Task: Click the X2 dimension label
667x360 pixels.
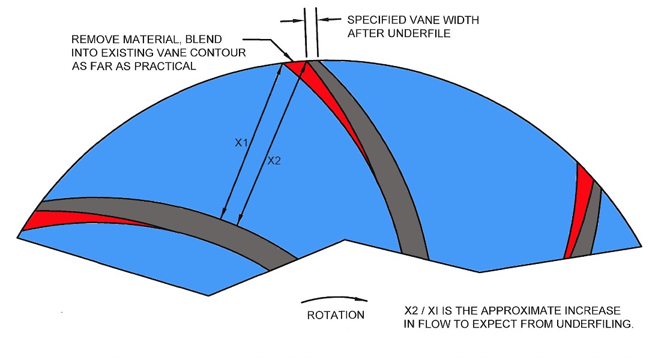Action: coord(274,160)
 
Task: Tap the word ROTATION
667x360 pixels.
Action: coord(335,315)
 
